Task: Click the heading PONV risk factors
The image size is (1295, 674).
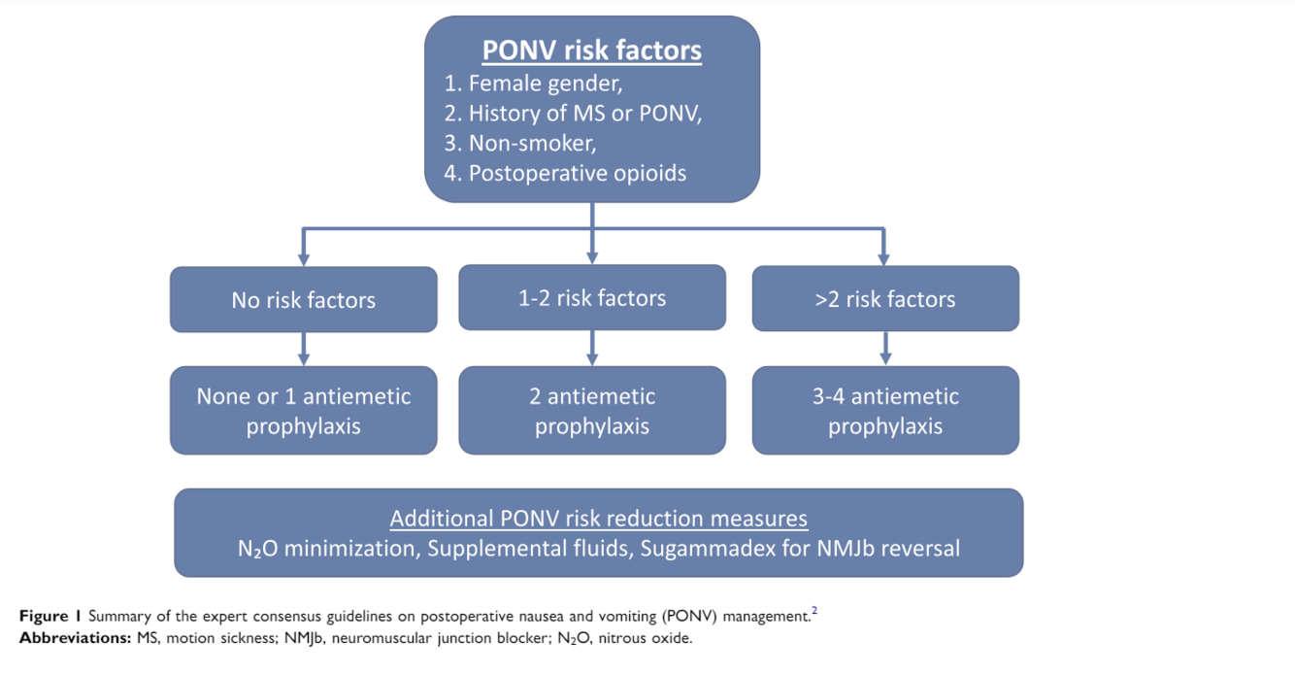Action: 592,50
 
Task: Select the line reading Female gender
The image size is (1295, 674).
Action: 533,84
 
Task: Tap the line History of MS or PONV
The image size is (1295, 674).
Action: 573,114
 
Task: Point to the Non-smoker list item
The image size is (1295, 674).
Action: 520,144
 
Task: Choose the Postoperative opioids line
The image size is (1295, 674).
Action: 565,174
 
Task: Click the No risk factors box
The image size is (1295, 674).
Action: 303,300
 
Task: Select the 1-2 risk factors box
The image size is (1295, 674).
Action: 592,298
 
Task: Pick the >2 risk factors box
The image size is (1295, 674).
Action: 885,299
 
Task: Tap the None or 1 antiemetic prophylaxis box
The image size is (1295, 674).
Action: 303,411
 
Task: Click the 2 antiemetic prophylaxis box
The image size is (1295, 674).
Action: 592,411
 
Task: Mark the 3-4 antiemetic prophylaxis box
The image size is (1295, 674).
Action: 885,411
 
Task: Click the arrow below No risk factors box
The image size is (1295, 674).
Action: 304,349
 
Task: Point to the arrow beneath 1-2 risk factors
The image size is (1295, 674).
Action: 592,348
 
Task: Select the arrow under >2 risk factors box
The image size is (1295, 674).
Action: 885,349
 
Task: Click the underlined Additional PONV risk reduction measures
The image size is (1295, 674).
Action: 598,519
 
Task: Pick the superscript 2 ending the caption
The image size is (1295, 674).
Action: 814,611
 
